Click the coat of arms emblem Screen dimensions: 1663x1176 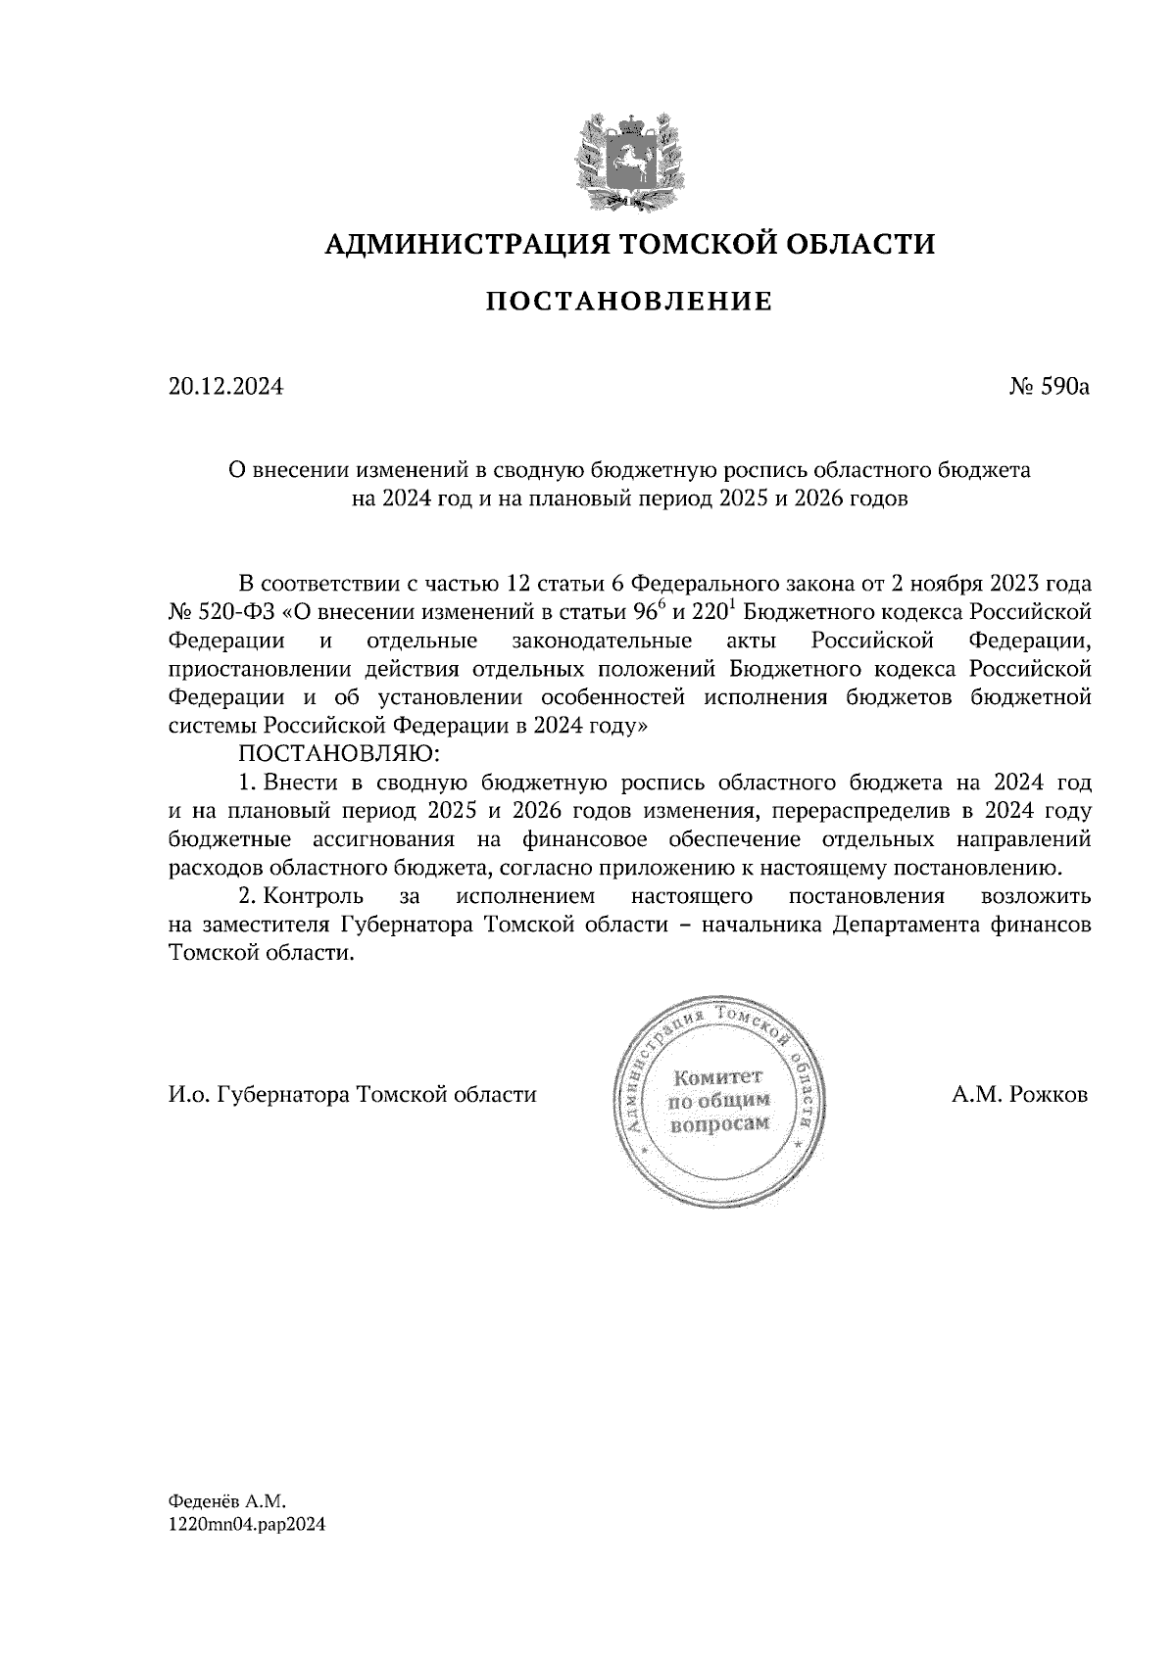[x=629, y=162]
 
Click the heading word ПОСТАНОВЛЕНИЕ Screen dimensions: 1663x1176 [x=629, y=302]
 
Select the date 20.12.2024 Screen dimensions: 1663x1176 [x=225, y=387]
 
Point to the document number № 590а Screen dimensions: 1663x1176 [x=1049, y=387]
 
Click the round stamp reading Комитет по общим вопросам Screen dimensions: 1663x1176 [x=718, y=1104]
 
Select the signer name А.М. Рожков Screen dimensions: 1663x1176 [x=1019, y=1095]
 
